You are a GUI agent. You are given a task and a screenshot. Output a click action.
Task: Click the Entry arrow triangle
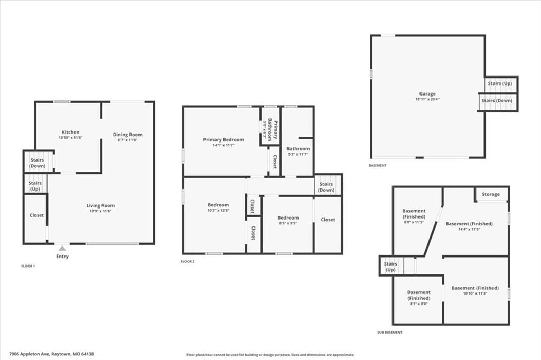pos(62,248)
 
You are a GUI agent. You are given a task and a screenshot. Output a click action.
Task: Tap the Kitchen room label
pos(70,132)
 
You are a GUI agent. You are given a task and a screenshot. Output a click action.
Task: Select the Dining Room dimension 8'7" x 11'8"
pos(128,140)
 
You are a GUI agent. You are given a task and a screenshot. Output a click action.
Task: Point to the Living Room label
pos(100,205)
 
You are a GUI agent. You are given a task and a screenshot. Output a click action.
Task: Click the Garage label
pos(427,93)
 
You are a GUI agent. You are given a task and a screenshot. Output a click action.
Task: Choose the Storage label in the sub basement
pos(491,194)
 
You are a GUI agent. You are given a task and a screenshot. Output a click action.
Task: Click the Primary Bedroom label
pos(223,140)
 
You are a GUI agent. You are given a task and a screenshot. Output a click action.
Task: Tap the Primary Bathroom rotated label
pos(273,129)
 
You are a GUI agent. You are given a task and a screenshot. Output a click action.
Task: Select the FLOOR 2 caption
pos(188,261)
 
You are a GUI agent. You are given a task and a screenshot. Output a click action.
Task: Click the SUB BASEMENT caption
pos(389,333)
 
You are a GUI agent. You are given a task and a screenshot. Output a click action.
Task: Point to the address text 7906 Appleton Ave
pos(30,354)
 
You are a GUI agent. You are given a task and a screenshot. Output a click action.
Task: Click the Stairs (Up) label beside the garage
pos(500,83)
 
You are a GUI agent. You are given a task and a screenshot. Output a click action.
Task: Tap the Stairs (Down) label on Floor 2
pos(326,187)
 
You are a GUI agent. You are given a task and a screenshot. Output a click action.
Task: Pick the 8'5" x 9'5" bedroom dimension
pos(288,223)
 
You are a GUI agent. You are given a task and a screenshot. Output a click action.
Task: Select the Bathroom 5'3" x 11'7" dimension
pos(298,154)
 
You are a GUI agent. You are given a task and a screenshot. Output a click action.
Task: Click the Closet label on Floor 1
pos(36,215)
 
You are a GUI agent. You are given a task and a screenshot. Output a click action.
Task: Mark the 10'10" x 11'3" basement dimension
pos(475,293)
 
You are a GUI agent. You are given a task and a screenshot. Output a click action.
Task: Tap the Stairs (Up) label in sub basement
pos(390,267)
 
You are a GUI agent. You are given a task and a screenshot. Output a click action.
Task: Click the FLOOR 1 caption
pos(28,266)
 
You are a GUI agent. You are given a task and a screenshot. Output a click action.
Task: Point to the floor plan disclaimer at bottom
pos(270,355)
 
